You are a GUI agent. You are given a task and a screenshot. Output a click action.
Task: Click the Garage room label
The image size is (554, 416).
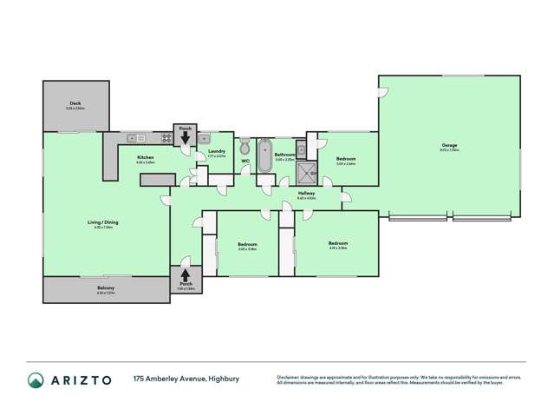(x=449, y=145)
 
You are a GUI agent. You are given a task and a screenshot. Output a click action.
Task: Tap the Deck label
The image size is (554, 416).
(x=76, y=103)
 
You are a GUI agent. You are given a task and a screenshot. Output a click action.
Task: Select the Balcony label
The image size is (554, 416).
(x=106, y=287)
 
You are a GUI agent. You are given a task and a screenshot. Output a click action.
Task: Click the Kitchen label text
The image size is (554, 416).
(x=145, y=157)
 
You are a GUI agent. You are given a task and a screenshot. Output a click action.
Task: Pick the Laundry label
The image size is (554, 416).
(x=217, y=151)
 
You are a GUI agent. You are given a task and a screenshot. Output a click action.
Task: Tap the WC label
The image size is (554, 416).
(x=245, y=160)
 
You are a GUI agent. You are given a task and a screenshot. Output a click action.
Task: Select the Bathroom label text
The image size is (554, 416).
(x=285, y=155)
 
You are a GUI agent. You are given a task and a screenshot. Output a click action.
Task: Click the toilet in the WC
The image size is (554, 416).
(x=245, y=145)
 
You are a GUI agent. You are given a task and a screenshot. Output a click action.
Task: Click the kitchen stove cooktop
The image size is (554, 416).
(x=165, y=138)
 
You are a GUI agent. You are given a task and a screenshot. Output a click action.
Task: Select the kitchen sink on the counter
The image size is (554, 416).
(x=137, y=138)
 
